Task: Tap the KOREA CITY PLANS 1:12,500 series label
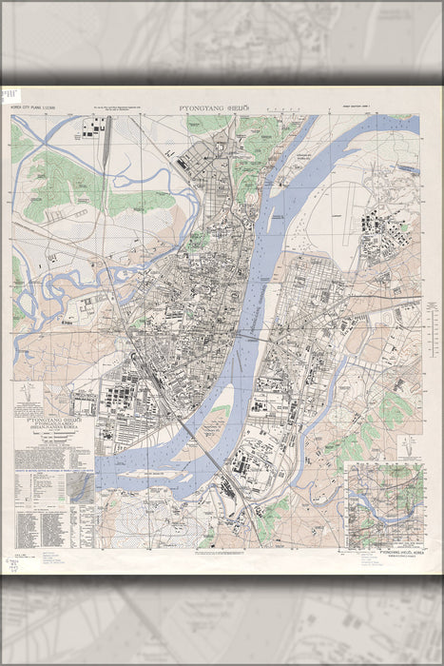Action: (x=32, y=109)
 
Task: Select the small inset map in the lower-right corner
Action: (x=385, y=504)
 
